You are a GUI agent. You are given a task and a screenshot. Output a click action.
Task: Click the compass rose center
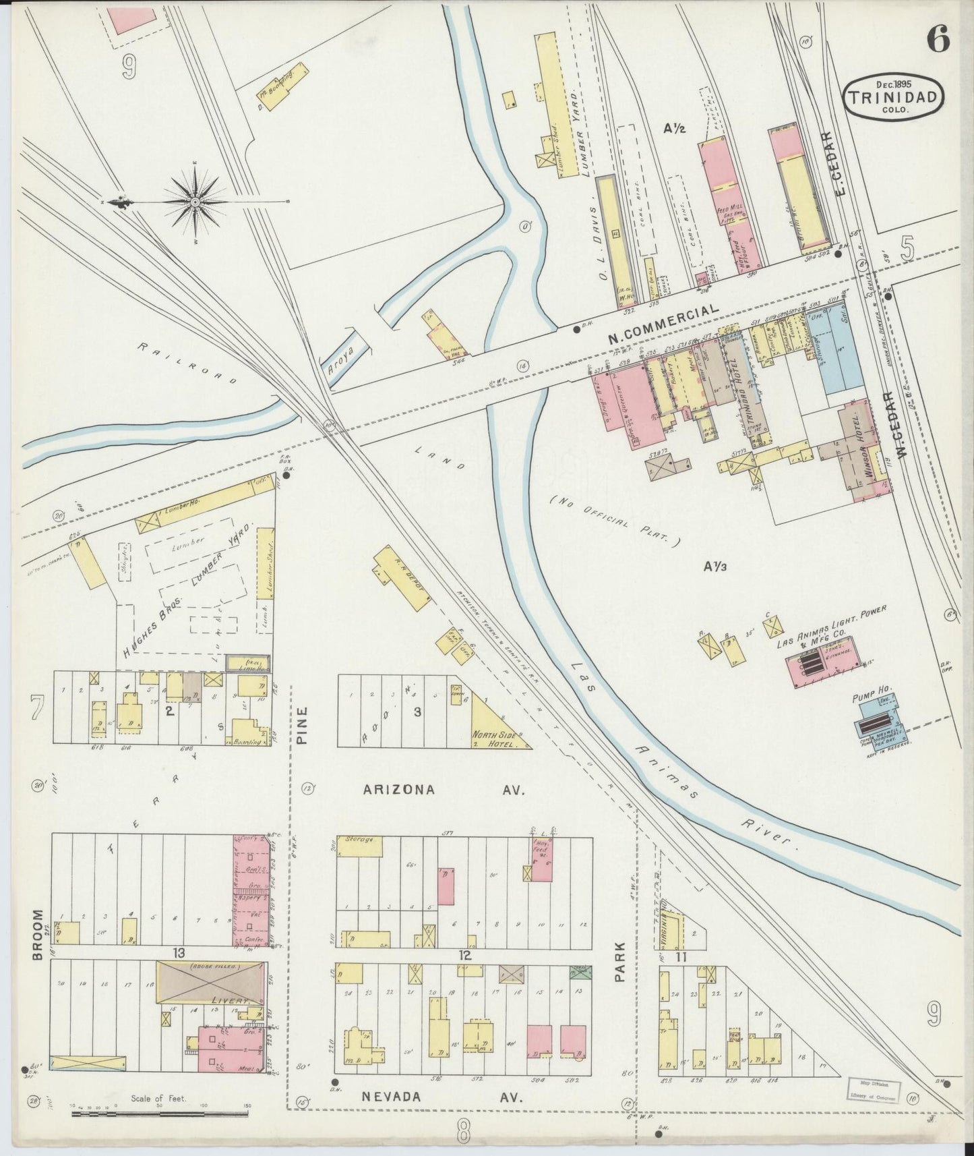click(x=195, y=202)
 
